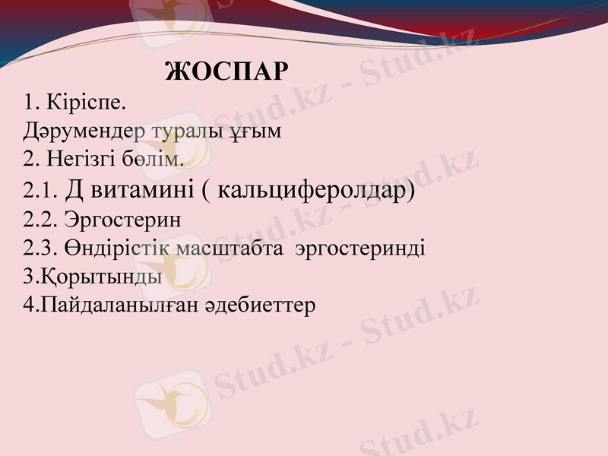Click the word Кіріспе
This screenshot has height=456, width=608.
tap(86, 102)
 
